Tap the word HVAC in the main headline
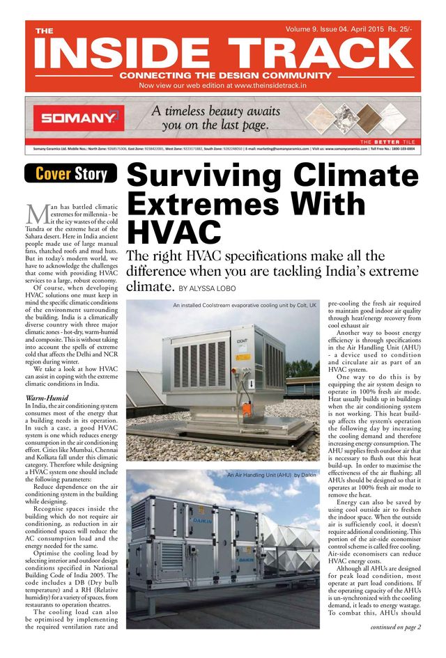point(174,234)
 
